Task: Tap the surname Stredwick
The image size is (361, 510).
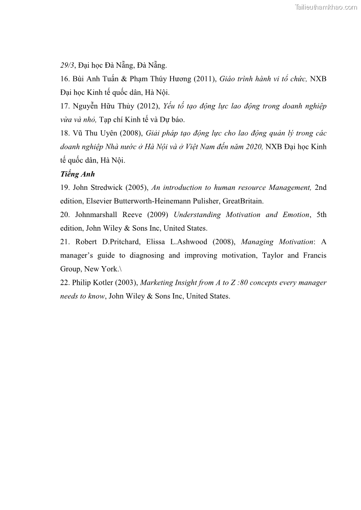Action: [107, 188]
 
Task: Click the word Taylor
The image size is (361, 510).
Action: [273, 255]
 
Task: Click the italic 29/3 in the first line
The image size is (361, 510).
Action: [67, 65]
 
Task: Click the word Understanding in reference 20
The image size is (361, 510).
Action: [196, 215]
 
